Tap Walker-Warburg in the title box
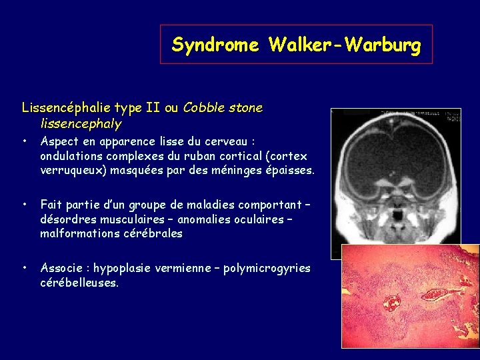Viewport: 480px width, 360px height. click(x=345, y=45)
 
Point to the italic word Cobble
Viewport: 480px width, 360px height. click(x=205, y=107)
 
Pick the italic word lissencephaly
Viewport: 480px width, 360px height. click(x=81, y=123)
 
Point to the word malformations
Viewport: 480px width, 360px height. click(x=79, y=233)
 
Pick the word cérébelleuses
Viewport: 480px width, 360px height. click(x=78, y=283)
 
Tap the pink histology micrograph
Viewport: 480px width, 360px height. click(x=409, y=296)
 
